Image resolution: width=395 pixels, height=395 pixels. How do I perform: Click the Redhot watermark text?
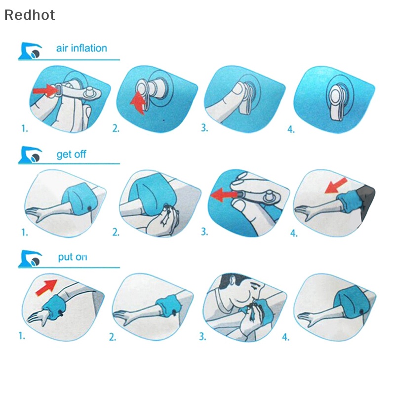(30, 15)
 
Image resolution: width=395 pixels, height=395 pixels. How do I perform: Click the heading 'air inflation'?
(81, 48)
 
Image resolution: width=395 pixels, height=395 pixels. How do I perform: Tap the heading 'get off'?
(71, 155)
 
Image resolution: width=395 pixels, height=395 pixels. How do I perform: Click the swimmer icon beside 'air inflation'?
(31, 51)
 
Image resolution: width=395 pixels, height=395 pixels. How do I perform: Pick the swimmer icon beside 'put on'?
(30, 258)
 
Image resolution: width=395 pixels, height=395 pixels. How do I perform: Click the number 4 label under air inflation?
(291, 130)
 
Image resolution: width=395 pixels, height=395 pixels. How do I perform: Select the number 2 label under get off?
(116, 232)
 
